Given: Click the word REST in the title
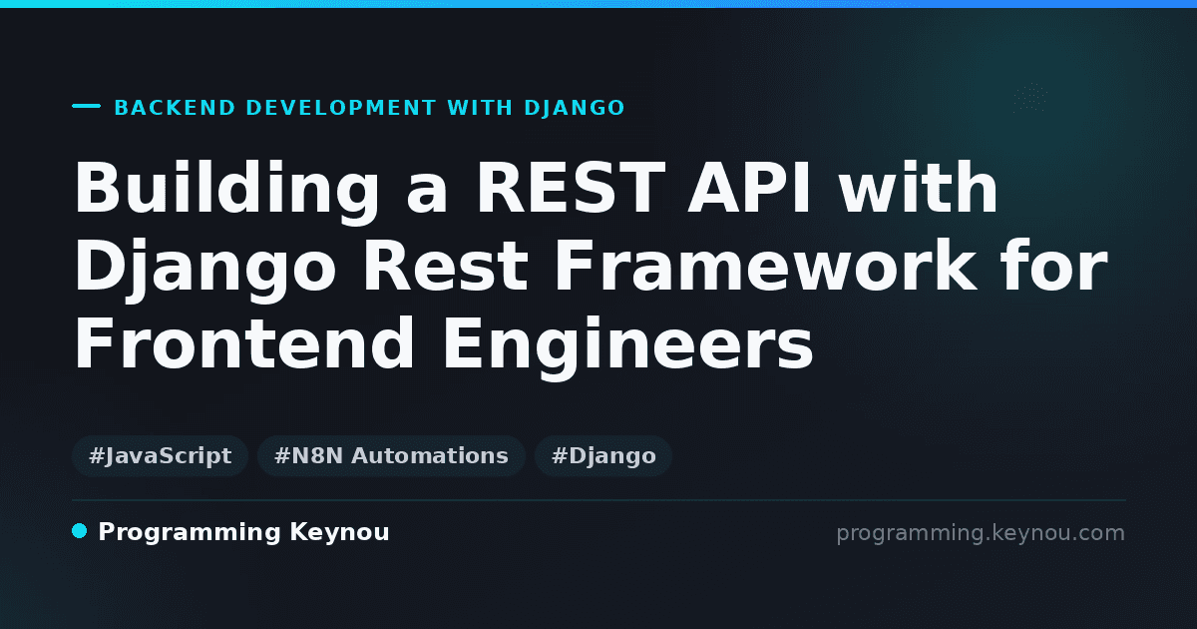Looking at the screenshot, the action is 571,188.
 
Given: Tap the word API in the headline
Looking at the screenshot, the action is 749,188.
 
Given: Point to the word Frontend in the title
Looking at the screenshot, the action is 243,342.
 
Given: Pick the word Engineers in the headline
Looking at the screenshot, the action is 627,347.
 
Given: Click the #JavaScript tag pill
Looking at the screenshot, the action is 160,456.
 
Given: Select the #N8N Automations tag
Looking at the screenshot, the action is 391,456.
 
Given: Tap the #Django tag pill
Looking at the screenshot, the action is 603,456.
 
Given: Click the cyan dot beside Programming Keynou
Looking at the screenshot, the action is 80,531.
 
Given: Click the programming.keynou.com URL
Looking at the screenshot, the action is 981,533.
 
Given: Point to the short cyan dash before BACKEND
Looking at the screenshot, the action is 87,106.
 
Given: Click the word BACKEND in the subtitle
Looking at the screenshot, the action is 175,108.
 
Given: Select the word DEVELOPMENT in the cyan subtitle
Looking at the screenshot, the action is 341,108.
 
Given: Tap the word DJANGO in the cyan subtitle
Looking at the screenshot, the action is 575,108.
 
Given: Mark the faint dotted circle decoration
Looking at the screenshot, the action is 1029,98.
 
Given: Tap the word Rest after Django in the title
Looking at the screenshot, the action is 445,265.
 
